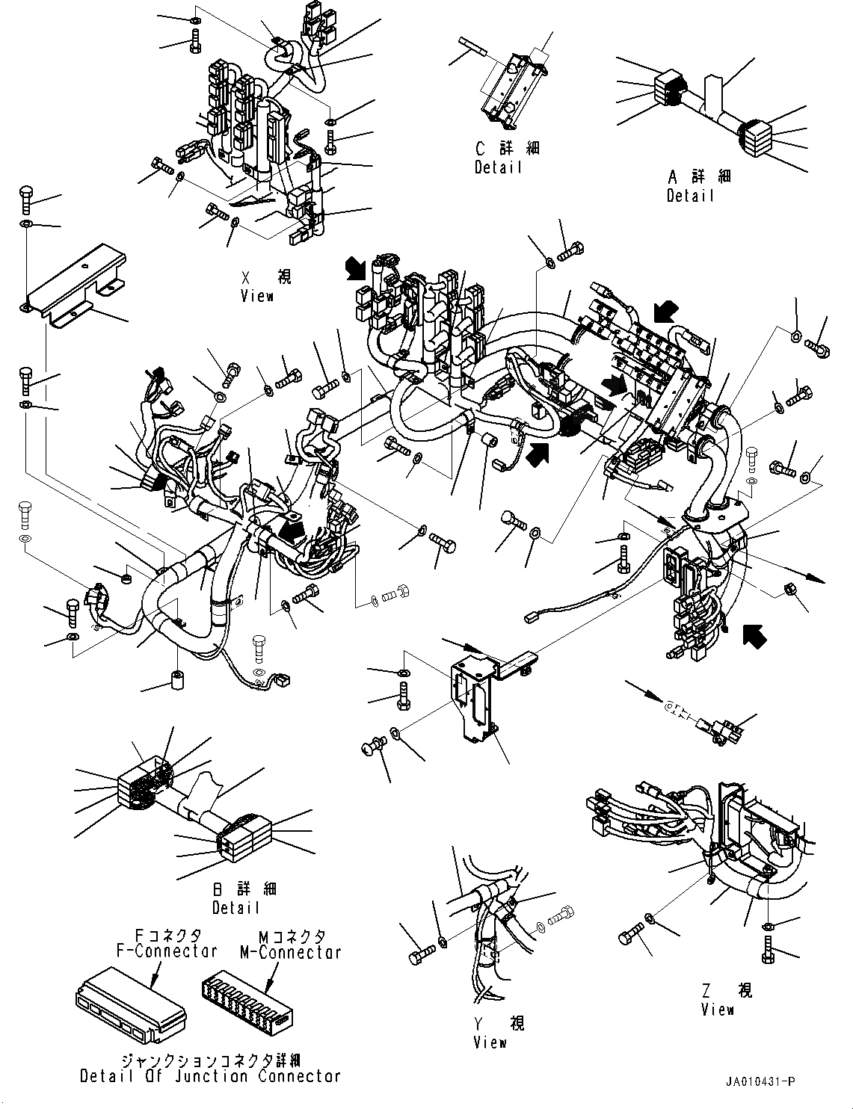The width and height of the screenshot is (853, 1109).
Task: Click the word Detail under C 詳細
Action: tap(498, 167)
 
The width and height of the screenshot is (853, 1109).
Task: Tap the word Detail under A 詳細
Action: tap(691, 196)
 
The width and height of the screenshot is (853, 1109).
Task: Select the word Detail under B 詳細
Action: tap(235, 907)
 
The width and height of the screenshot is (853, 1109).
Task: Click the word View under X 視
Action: tap(257, 296)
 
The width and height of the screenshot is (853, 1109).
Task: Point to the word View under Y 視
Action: tap(490, 1042)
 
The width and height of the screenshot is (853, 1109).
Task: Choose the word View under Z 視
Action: tap(718, 1010)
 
